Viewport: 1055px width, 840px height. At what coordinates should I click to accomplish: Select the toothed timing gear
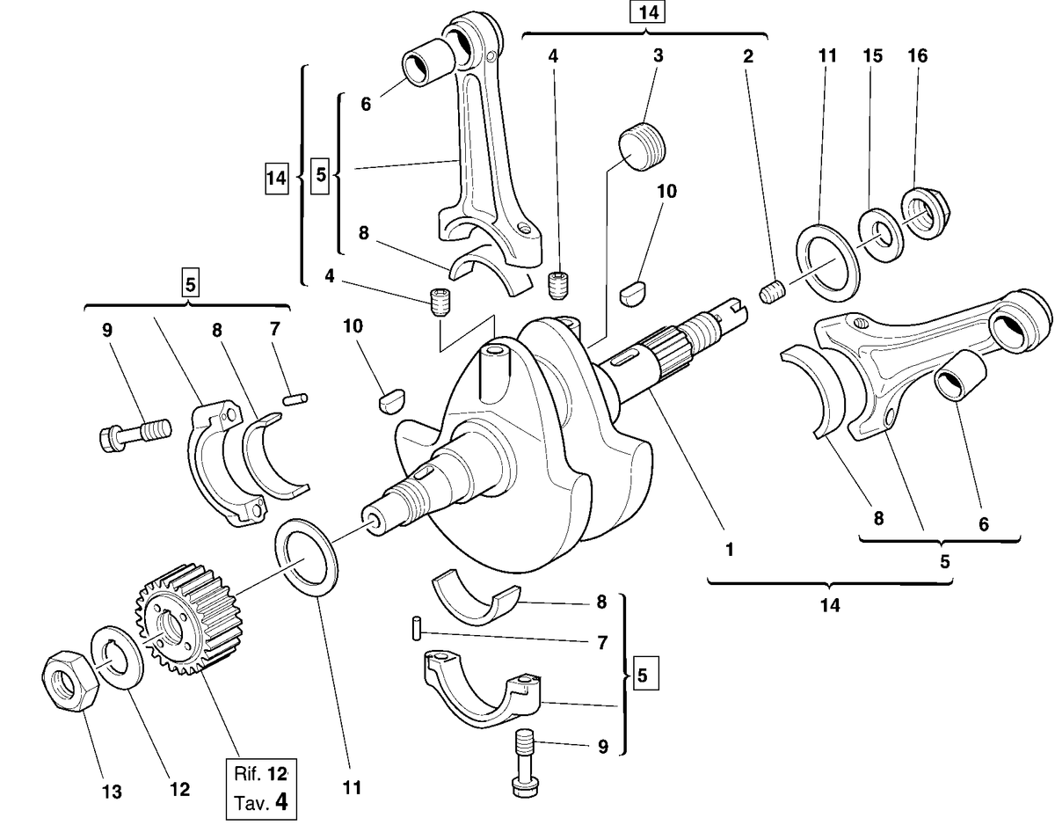[189, 619]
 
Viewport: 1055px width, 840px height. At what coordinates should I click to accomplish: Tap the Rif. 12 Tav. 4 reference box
[261, 789]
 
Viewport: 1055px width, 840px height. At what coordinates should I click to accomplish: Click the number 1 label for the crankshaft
[730, 550]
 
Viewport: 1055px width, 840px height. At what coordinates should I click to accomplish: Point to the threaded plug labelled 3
[641, 145]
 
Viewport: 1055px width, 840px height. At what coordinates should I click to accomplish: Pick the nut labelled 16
[926, 214]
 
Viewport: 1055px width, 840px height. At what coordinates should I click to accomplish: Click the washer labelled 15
[882, 235]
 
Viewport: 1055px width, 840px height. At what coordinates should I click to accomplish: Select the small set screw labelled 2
[773, 293]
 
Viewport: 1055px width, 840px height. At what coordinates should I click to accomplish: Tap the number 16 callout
[917, 56]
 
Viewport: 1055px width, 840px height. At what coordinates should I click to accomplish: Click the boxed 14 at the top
[647, 12]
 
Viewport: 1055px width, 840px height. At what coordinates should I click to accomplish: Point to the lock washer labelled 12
[118, 657]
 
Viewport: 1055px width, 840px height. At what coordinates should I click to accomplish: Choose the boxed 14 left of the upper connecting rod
[276, 178]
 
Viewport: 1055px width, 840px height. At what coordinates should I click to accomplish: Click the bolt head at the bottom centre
[525, 785]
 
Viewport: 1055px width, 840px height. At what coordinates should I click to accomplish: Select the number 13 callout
[112, 792]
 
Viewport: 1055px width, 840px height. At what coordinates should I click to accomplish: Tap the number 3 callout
[658, 55]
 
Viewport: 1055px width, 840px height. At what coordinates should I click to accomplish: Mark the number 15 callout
[873, 56]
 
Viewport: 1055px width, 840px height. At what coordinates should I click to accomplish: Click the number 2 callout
[747, 56]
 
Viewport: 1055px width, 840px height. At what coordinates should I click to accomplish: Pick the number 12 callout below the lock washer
[179, 790]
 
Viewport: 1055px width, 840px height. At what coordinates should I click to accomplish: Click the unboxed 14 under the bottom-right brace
[830, 605]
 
